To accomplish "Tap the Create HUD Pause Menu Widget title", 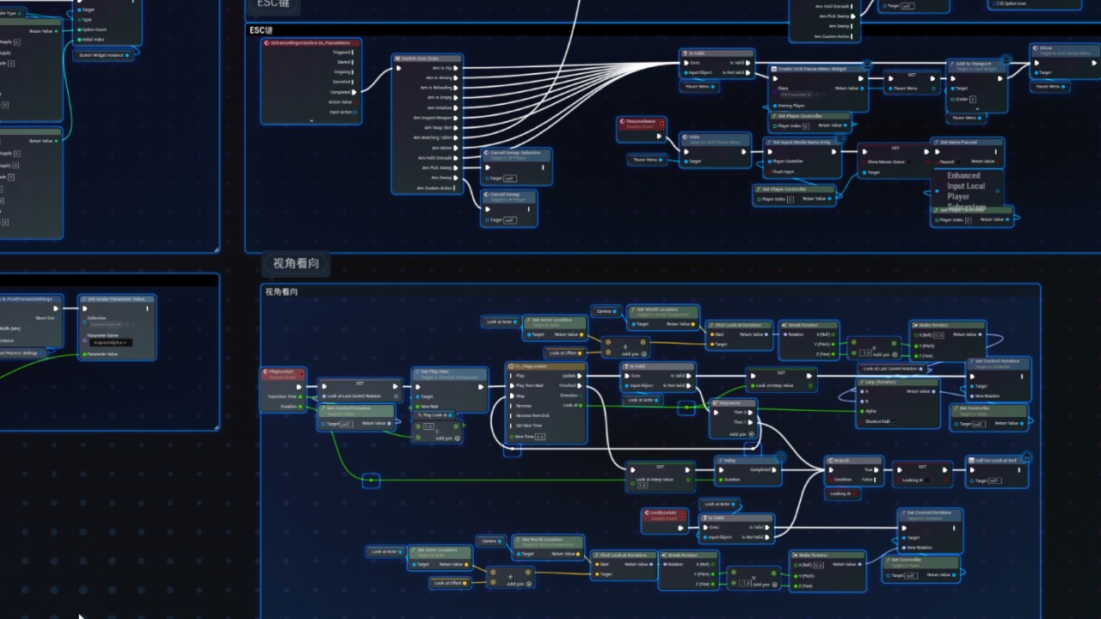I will (813, 68).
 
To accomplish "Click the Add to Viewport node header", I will (973, 64).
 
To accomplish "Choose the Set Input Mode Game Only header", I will (802, 142).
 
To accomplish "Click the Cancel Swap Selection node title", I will (516, 153).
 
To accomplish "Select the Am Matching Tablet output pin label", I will (438, 138).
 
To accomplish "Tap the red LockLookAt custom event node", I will (665, 512).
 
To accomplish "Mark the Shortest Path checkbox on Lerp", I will (895, 421).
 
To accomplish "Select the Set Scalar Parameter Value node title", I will (118, 299).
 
